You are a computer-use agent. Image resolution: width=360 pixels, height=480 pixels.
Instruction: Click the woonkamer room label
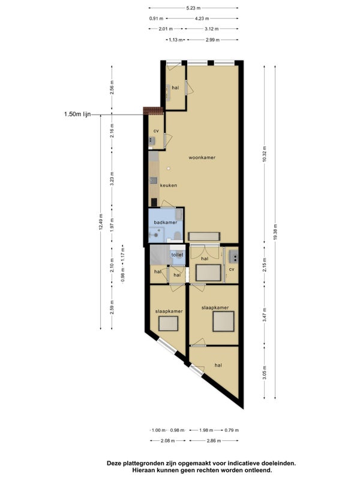tap(202, 158)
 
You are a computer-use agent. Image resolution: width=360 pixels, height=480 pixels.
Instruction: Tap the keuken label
tap(169, 185)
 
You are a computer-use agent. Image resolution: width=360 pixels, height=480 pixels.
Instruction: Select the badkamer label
tap(166, 222)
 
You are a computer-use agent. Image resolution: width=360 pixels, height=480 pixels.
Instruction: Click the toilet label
tap(177, 254)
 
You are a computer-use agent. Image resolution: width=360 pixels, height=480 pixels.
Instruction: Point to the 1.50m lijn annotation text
tap(77, 114)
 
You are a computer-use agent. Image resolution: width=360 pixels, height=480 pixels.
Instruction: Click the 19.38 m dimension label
tap(275, 231)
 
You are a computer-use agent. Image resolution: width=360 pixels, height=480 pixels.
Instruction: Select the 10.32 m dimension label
tap(265, 155)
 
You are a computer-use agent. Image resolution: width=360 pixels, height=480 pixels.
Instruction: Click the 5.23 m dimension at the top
tap(193, 8)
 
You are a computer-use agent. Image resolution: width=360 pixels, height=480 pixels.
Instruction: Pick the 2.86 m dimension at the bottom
tap(214, 441)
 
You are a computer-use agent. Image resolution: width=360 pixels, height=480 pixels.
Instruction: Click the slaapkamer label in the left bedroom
tap(169, 311)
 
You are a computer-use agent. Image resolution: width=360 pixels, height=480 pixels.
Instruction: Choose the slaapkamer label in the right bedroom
tap(215, 308)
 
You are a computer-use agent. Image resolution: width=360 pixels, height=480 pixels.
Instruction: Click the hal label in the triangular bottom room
tap(218, 365)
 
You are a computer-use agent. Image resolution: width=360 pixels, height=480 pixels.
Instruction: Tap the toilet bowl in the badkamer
tap(177, 235)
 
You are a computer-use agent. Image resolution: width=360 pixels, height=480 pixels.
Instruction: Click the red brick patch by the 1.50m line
tap(153, 110)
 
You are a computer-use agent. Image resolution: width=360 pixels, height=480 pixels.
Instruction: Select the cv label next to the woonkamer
tap(156, 131)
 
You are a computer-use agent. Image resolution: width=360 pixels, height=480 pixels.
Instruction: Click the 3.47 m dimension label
tap(265, 314)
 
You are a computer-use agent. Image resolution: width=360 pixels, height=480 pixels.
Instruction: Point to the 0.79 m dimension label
tap(232, 430)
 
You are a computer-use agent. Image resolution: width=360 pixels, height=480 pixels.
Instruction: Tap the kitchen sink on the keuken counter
tap(154, 181)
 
